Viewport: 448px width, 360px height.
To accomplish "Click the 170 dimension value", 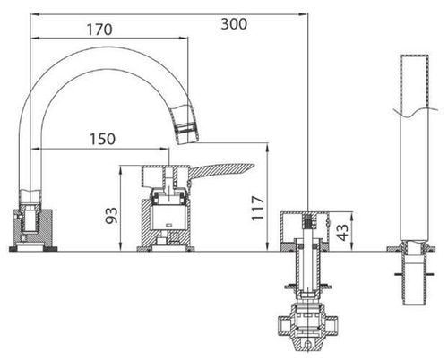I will point(100,28).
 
